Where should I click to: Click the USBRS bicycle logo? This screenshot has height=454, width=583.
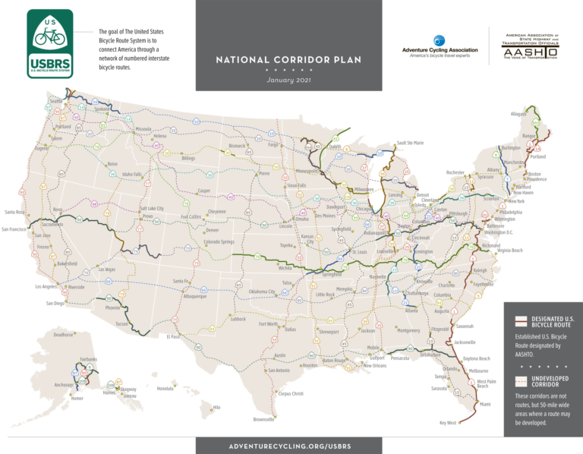tap(51, 44)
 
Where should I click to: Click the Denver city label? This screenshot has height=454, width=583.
tap(213, 229)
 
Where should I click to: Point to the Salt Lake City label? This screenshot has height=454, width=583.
tap(154, 208)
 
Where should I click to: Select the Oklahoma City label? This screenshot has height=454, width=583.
tap(263, 292)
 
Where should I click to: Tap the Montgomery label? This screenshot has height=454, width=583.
tap(408, 330)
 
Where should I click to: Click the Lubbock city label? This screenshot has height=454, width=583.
tap(238, 320)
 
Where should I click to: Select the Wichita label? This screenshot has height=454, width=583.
tap(285, 268)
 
